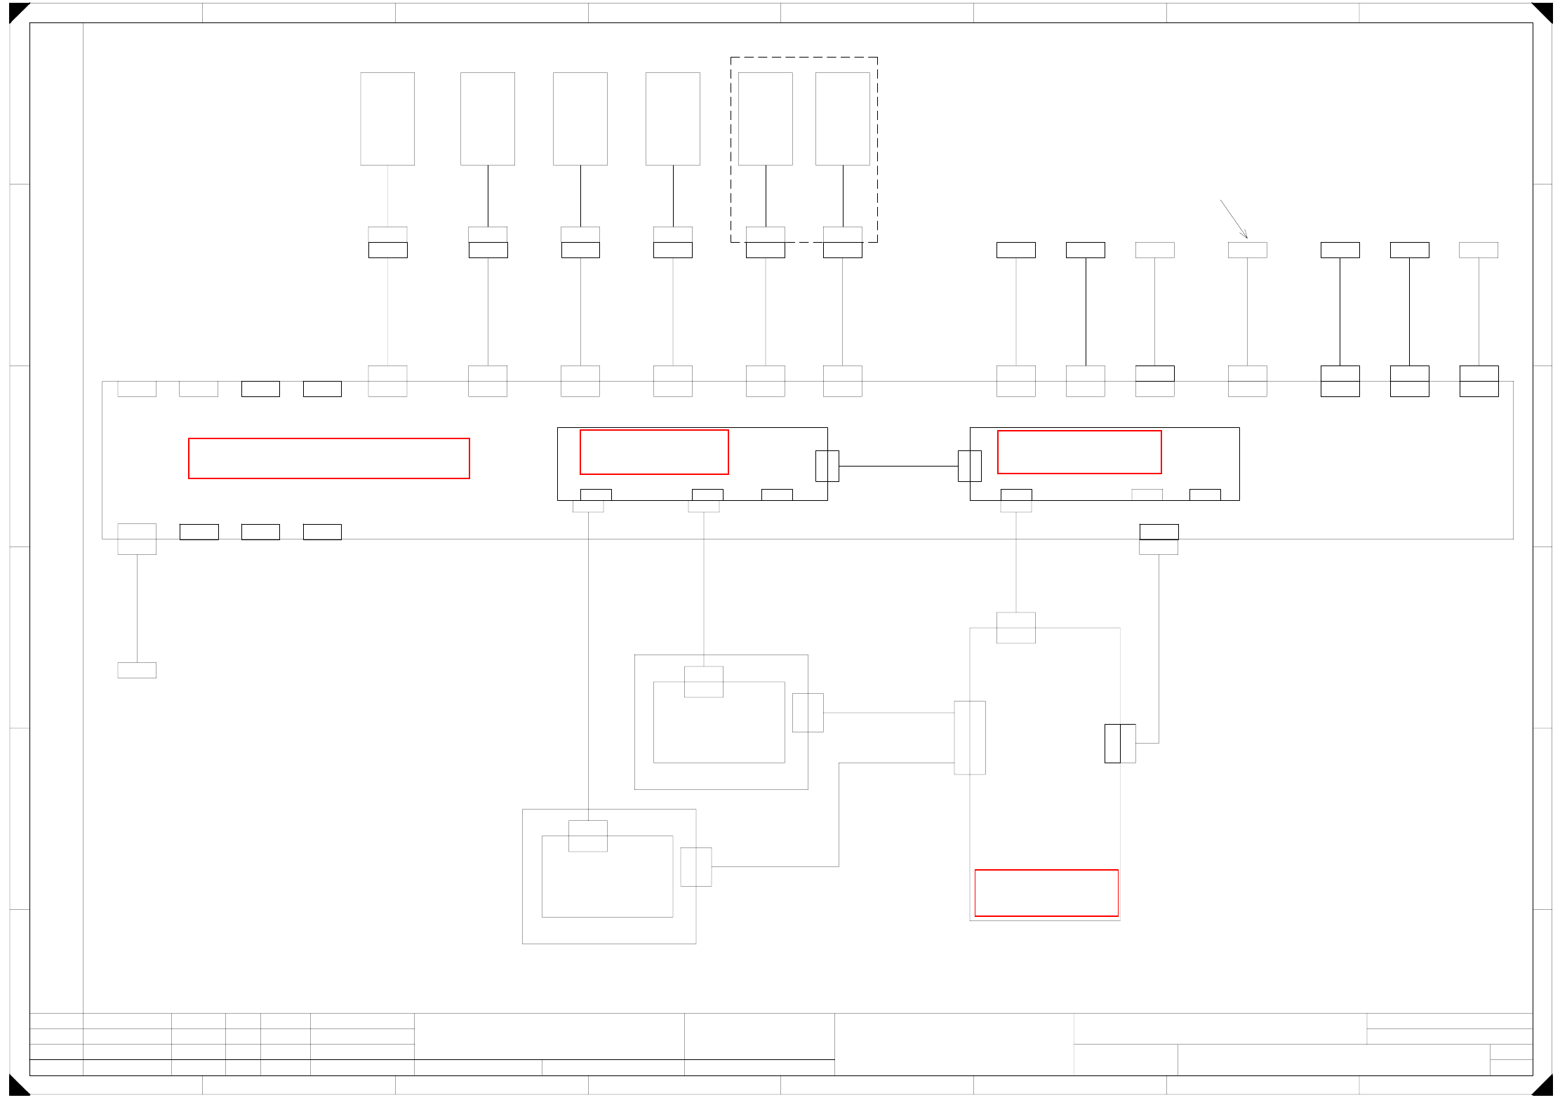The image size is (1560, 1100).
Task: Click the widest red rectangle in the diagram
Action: click(328, 458)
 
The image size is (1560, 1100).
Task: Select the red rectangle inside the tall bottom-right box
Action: click(1046, 892)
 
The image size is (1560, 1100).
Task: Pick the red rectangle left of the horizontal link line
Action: click(654, 452)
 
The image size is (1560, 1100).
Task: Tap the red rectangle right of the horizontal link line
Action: click(1079, 452)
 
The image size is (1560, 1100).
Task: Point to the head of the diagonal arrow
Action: click(1246, 238)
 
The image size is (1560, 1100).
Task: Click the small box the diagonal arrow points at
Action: click(1247, 250)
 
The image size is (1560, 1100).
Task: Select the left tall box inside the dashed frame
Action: click(765, 119)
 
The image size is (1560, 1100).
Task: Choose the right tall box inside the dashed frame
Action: click(842, 119)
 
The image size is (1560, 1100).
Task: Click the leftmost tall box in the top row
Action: click(387, 119)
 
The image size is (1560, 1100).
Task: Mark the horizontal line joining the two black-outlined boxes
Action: click(898, 466)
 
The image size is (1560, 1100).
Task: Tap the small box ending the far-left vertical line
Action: click(137, 670)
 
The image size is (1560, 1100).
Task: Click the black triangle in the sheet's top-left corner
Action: click(16, 11)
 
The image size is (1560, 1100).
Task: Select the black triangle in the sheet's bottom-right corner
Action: click(1544, 1087)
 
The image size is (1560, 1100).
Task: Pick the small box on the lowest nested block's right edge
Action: click(695, 866)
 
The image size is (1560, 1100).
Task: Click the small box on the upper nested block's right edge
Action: click(808, 712)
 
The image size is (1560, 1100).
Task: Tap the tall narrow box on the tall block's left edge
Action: click(969, 737)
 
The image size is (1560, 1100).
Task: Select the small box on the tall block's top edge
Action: click(1015, 627)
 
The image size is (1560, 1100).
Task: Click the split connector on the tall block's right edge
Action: click(1120, 743)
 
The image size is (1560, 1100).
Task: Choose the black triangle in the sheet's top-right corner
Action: click(1544, 11)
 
